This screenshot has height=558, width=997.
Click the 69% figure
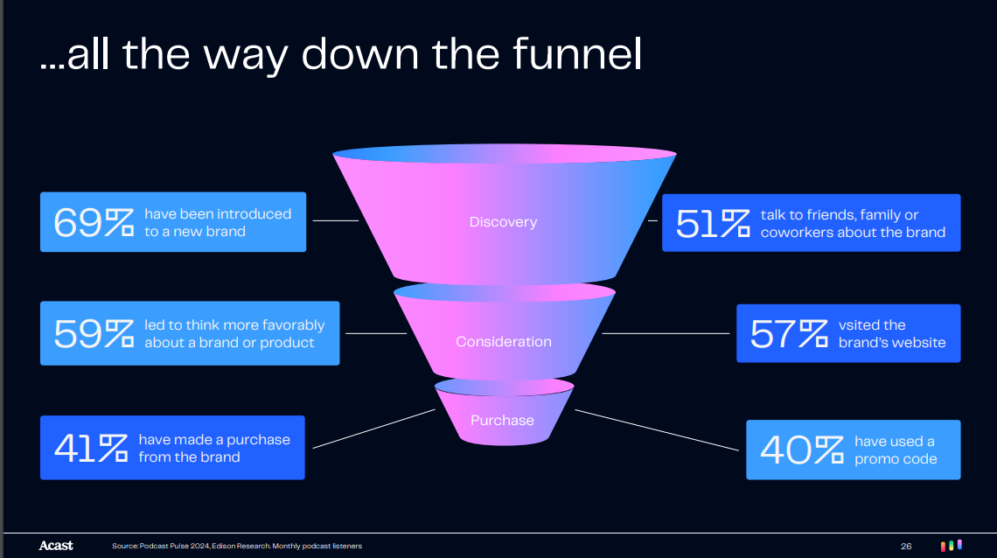(x=93, y=223)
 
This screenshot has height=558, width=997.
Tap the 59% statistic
(x=93, y=334)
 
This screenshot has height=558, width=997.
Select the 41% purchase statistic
(x=90, y=448)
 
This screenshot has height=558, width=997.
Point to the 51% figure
(x=713, y=224)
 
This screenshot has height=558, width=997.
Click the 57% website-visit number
(x=788, y=334)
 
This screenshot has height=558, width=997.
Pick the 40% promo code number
(x=801, y=450)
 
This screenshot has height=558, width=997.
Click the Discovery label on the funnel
(x=503, y=222)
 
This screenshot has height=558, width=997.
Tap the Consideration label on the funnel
(x=503, y=342)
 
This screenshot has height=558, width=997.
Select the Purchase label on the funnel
(x=502, y=421)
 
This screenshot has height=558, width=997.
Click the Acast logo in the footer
(x=56, y=546)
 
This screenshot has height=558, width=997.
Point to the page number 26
(x=906, y=547)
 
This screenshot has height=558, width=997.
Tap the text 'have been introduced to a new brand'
(x=218, y=223)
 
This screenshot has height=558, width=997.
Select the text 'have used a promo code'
(x=896, y=450)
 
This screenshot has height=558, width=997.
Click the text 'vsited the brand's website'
(x=892, y=334)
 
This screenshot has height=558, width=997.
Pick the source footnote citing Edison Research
(x=237, y=547)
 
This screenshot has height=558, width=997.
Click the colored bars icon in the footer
(x=952, y=545)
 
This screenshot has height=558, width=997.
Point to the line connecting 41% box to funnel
(x=373, y=429)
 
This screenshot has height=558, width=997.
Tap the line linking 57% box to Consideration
(x=665, y=333)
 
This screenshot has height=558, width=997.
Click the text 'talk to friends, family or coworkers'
(x=853, y=224)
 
